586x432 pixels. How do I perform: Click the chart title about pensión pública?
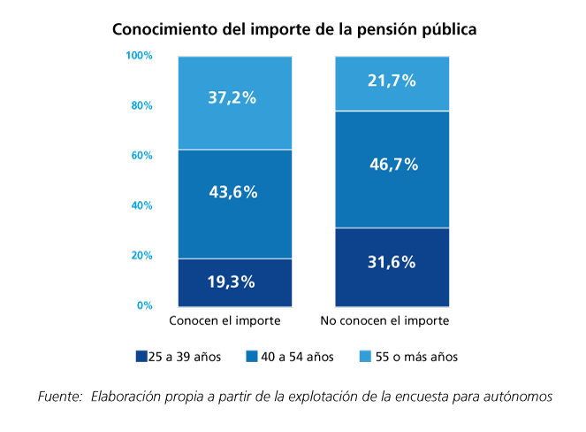(294, 28)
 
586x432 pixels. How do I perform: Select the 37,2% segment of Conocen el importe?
(235, 103)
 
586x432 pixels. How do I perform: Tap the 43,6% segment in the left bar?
(235, 204)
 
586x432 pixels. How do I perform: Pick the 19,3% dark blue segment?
(235, 282)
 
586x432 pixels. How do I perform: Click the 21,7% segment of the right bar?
(391, 83)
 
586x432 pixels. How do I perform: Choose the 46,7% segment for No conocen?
(391, 169)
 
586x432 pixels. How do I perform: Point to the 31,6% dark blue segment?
(391, 266)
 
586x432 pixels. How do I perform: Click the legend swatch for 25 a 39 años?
(141, 357)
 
